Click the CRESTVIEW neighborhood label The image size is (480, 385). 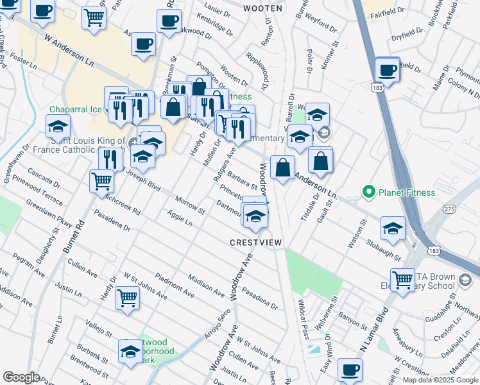[x=256, y=242]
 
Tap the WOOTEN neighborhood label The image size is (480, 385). [x=262, y=8]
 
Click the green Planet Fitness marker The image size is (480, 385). [x=369, y=192]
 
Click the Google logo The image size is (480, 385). [x=21, y=377]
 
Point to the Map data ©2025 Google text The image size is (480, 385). [x=440, y=380]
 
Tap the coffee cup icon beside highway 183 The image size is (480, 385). [x=387, y=69]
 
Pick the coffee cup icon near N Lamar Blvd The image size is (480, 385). [x=350, y=370]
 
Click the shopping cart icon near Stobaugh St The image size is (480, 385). [x=403, y=279]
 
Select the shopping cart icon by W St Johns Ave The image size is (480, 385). [x=127, y=297]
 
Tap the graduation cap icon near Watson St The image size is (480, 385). [x=393, y=228]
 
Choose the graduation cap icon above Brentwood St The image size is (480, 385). [x=130, y=352]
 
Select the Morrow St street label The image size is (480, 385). [x=189, y=205]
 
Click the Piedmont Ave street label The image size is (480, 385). [x=174, y=287]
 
